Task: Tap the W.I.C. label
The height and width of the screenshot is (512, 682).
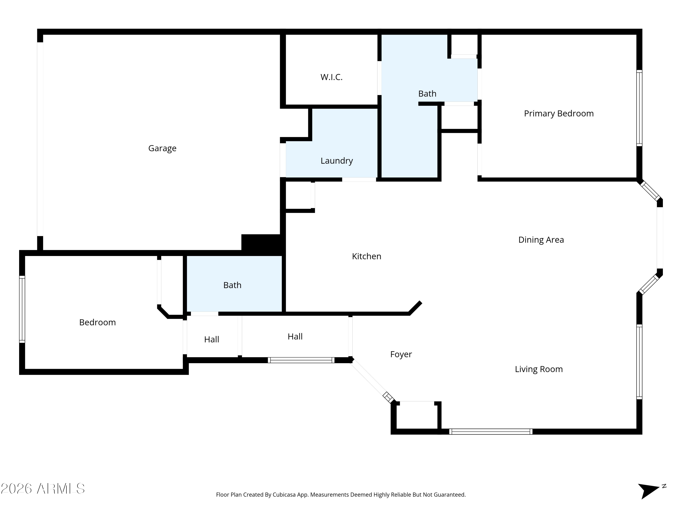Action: [331, 77]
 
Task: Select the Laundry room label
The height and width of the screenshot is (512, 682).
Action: [337, 161]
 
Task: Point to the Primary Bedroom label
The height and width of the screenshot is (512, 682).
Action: [559, 114]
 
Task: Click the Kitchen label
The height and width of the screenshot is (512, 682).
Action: [367, 256]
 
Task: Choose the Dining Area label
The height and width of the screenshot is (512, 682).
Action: [541, 240]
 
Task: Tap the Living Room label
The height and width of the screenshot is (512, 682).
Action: [539, 369]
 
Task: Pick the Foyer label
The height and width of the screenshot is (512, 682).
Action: [401, 354]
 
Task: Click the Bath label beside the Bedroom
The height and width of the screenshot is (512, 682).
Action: [232, 285]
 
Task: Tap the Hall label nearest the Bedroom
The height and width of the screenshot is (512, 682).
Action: [211, 340]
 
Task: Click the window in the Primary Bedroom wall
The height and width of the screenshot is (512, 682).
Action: [639, 108]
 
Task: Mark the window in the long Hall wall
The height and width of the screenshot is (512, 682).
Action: [301, 360]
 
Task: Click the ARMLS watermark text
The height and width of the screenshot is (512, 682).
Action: [43, 489]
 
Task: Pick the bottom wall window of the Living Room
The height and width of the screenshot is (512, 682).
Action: [491, 431]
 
